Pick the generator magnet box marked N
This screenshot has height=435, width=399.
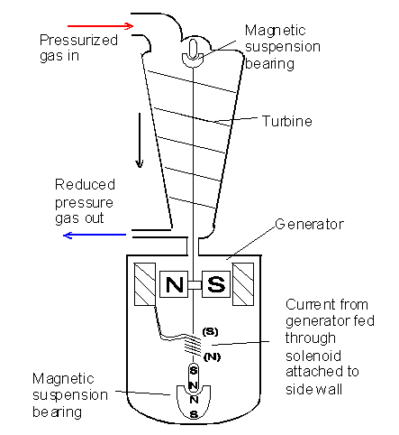point(172,286)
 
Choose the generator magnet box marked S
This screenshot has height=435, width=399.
point(216,286)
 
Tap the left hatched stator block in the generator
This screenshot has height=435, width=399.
point(145,286)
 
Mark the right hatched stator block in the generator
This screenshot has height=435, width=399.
point(244,286)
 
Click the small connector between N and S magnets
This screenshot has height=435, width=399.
point(194,286)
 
